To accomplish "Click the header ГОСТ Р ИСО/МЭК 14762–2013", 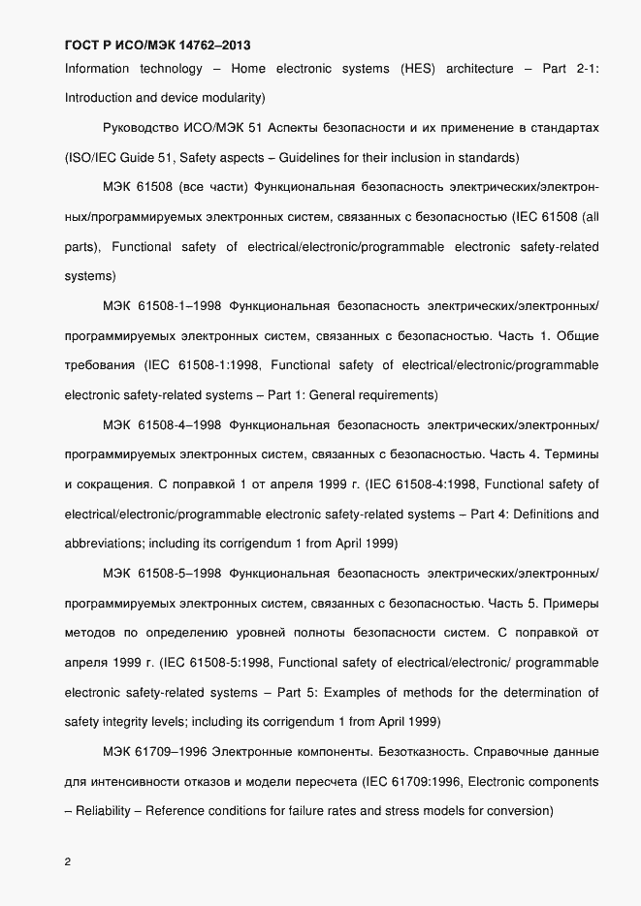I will [x=163, y=45].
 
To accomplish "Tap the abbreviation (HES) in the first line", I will [x=417, y=69].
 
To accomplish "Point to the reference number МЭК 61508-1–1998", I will [x=162, y=306].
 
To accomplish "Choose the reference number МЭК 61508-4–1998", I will [x=162, y=424].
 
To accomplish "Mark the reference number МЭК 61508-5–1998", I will [x=162, y=573].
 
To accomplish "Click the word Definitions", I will [x=543, y=514].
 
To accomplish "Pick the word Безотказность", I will [x=390, y=751].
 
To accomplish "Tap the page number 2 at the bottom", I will [x=68, y=861].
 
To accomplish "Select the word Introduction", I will [x=101, y=98].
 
